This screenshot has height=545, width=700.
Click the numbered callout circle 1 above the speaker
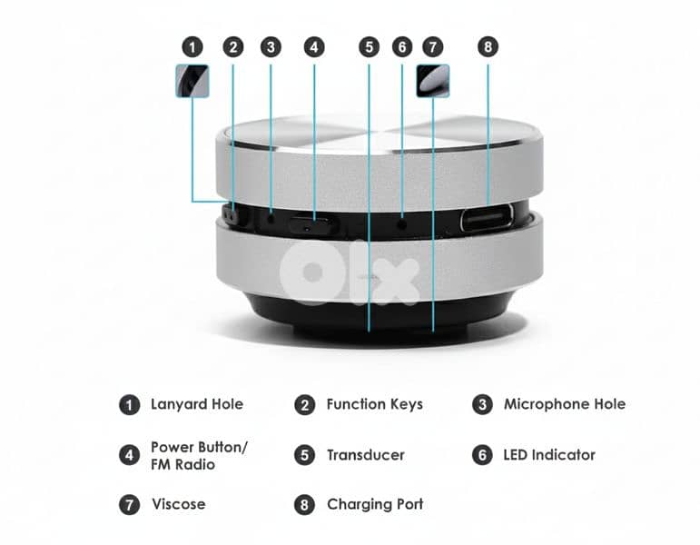pos(192,47)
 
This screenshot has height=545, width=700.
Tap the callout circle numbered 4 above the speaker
pos(314,47)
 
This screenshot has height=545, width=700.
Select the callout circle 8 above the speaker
pos(488,46)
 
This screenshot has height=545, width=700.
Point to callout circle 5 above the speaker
pos(370,47)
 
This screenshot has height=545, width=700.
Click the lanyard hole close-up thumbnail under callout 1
pos(192,81)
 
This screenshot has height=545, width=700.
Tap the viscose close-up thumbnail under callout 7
pos(432,81)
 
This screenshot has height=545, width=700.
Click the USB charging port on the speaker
pos(487,218)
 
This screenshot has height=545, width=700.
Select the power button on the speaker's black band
pos(313,225)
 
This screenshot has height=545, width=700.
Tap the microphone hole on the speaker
pos(271,218)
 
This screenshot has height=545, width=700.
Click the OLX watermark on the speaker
pos(350,273)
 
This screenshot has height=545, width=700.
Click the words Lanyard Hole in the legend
pos(197,404)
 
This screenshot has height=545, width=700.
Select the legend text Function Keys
pos(375,404)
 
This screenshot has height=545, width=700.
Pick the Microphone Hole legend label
pos(565,404)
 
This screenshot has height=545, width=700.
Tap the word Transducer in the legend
pos(366,455)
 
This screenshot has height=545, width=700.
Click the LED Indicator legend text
pos(549,455)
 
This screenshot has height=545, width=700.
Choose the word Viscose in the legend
pos(179,504)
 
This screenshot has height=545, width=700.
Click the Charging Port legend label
pos(375,504)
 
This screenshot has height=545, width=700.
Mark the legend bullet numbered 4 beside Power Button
pos(130,455)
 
